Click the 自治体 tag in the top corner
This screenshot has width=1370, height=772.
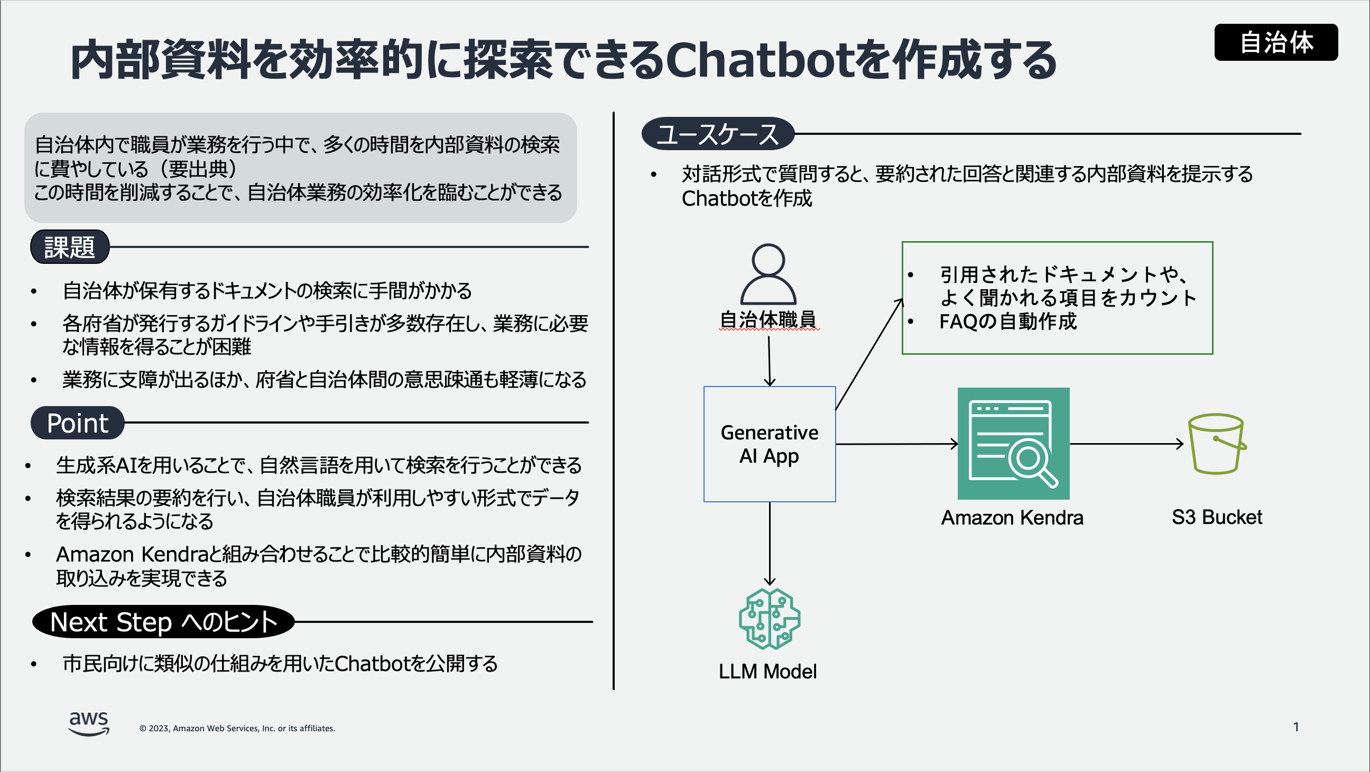1275,42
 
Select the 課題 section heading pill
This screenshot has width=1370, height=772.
70,247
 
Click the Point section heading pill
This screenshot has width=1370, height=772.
78,423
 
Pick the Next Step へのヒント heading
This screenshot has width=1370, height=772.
163,621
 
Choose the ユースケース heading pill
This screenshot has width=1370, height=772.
717,134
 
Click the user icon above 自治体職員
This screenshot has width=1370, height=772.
768,273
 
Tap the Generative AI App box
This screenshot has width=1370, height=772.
769,444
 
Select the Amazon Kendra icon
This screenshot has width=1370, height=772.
1013,444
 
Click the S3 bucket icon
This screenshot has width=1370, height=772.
1217,444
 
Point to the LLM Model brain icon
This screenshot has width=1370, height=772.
769,619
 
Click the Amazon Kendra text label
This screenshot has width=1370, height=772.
1012,518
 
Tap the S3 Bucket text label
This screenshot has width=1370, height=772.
1217,517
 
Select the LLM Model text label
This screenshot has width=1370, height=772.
767,672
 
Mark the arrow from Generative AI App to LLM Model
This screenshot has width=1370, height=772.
770,543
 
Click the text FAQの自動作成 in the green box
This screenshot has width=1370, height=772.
1008,322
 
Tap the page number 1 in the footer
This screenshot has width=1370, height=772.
1295,727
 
